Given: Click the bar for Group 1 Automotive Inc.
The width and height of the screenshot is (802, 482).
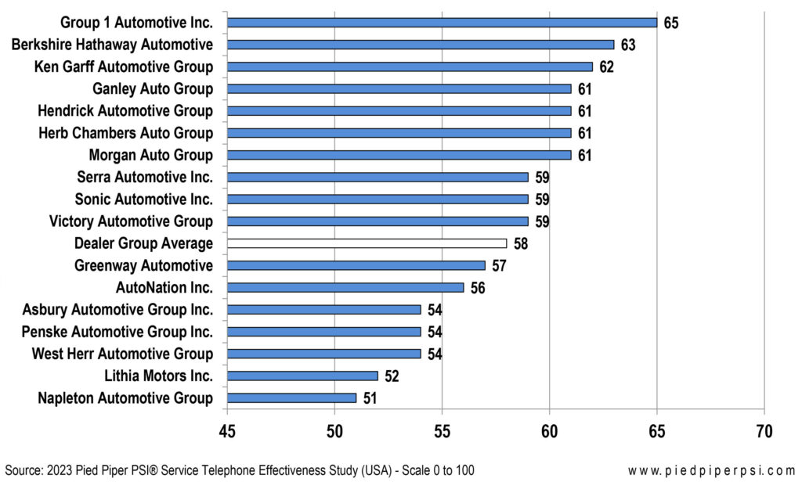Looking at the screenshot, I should pyautogui.click(x=442, y=22).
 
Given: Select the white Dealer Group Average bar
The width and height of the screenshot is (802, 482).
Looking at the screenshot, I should pyautogui.click(x=367, y=243).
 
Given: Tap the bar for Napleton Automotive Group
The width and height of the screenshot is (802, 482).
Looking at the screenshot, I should pyautogui.click(x=291, y=398).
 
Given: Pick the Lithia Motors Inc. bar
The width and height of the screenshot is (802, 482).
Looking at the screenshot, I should pyautogui.click(x=302, y=376).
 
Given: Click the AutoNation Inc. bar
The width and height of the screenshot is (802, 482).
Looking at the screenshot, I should pyautogui.click(x=345, y=287).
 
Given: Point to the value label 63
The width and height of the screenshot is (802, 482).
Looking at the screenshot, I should pyautogui.click(x=628, y=45).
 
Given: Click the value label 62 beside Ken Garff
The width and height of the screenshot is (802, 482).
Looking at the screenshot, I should pyautogui.click(x=606, y=67).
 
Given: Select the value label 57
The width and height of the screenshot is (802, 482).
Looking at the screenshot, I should pyautogui.click(x=499, y=266).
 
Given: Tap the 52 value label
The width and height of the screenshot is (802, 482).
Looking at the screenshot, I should pyautogui.click(x=392, y=376).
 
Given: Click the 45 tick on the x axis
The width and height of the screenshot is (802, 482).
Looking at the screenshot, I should pyautogui.click(x=227, y=432).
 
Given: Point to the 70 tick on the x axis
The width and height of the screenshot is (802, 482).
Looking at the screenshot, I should pyautogui.click(x=764, y=432).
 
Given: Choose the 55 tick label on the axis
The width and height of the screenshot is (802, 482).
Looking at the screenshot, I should pyautogui.click(x=442, y=432).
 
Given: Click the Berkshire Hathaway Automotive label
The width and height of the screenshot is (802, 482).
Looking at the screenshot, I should pyautogui.click(x=112, y=45).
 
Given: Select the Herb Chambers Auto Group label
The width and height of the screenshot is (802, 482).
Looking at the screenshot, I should pyautogui.click(x=125, y=133).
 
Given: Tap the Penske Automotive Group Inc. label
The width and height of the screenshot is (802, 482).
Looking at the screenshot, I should pyautogui.click(x=117, y=332).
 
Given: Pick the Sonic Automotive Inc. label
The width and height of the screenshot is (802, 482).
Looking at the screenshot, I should pyautogui.click(x=144, y=199).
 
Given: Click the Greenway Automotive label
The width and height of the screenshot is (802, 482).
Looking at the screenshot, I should pyautogui.click(x=143, y=266).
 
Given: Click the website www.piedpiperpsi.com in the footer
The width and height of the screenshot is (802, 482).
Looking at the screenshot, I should pyautogui.click(x=711, y=469).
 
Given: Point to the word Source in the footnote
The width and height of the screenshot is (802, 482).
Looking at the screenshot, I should pyautogui.click(x=23, y=469).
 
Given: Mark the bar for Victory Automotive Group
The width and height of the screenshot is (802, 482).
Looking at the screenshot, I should pyautogui.click(x=378, y=221).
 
